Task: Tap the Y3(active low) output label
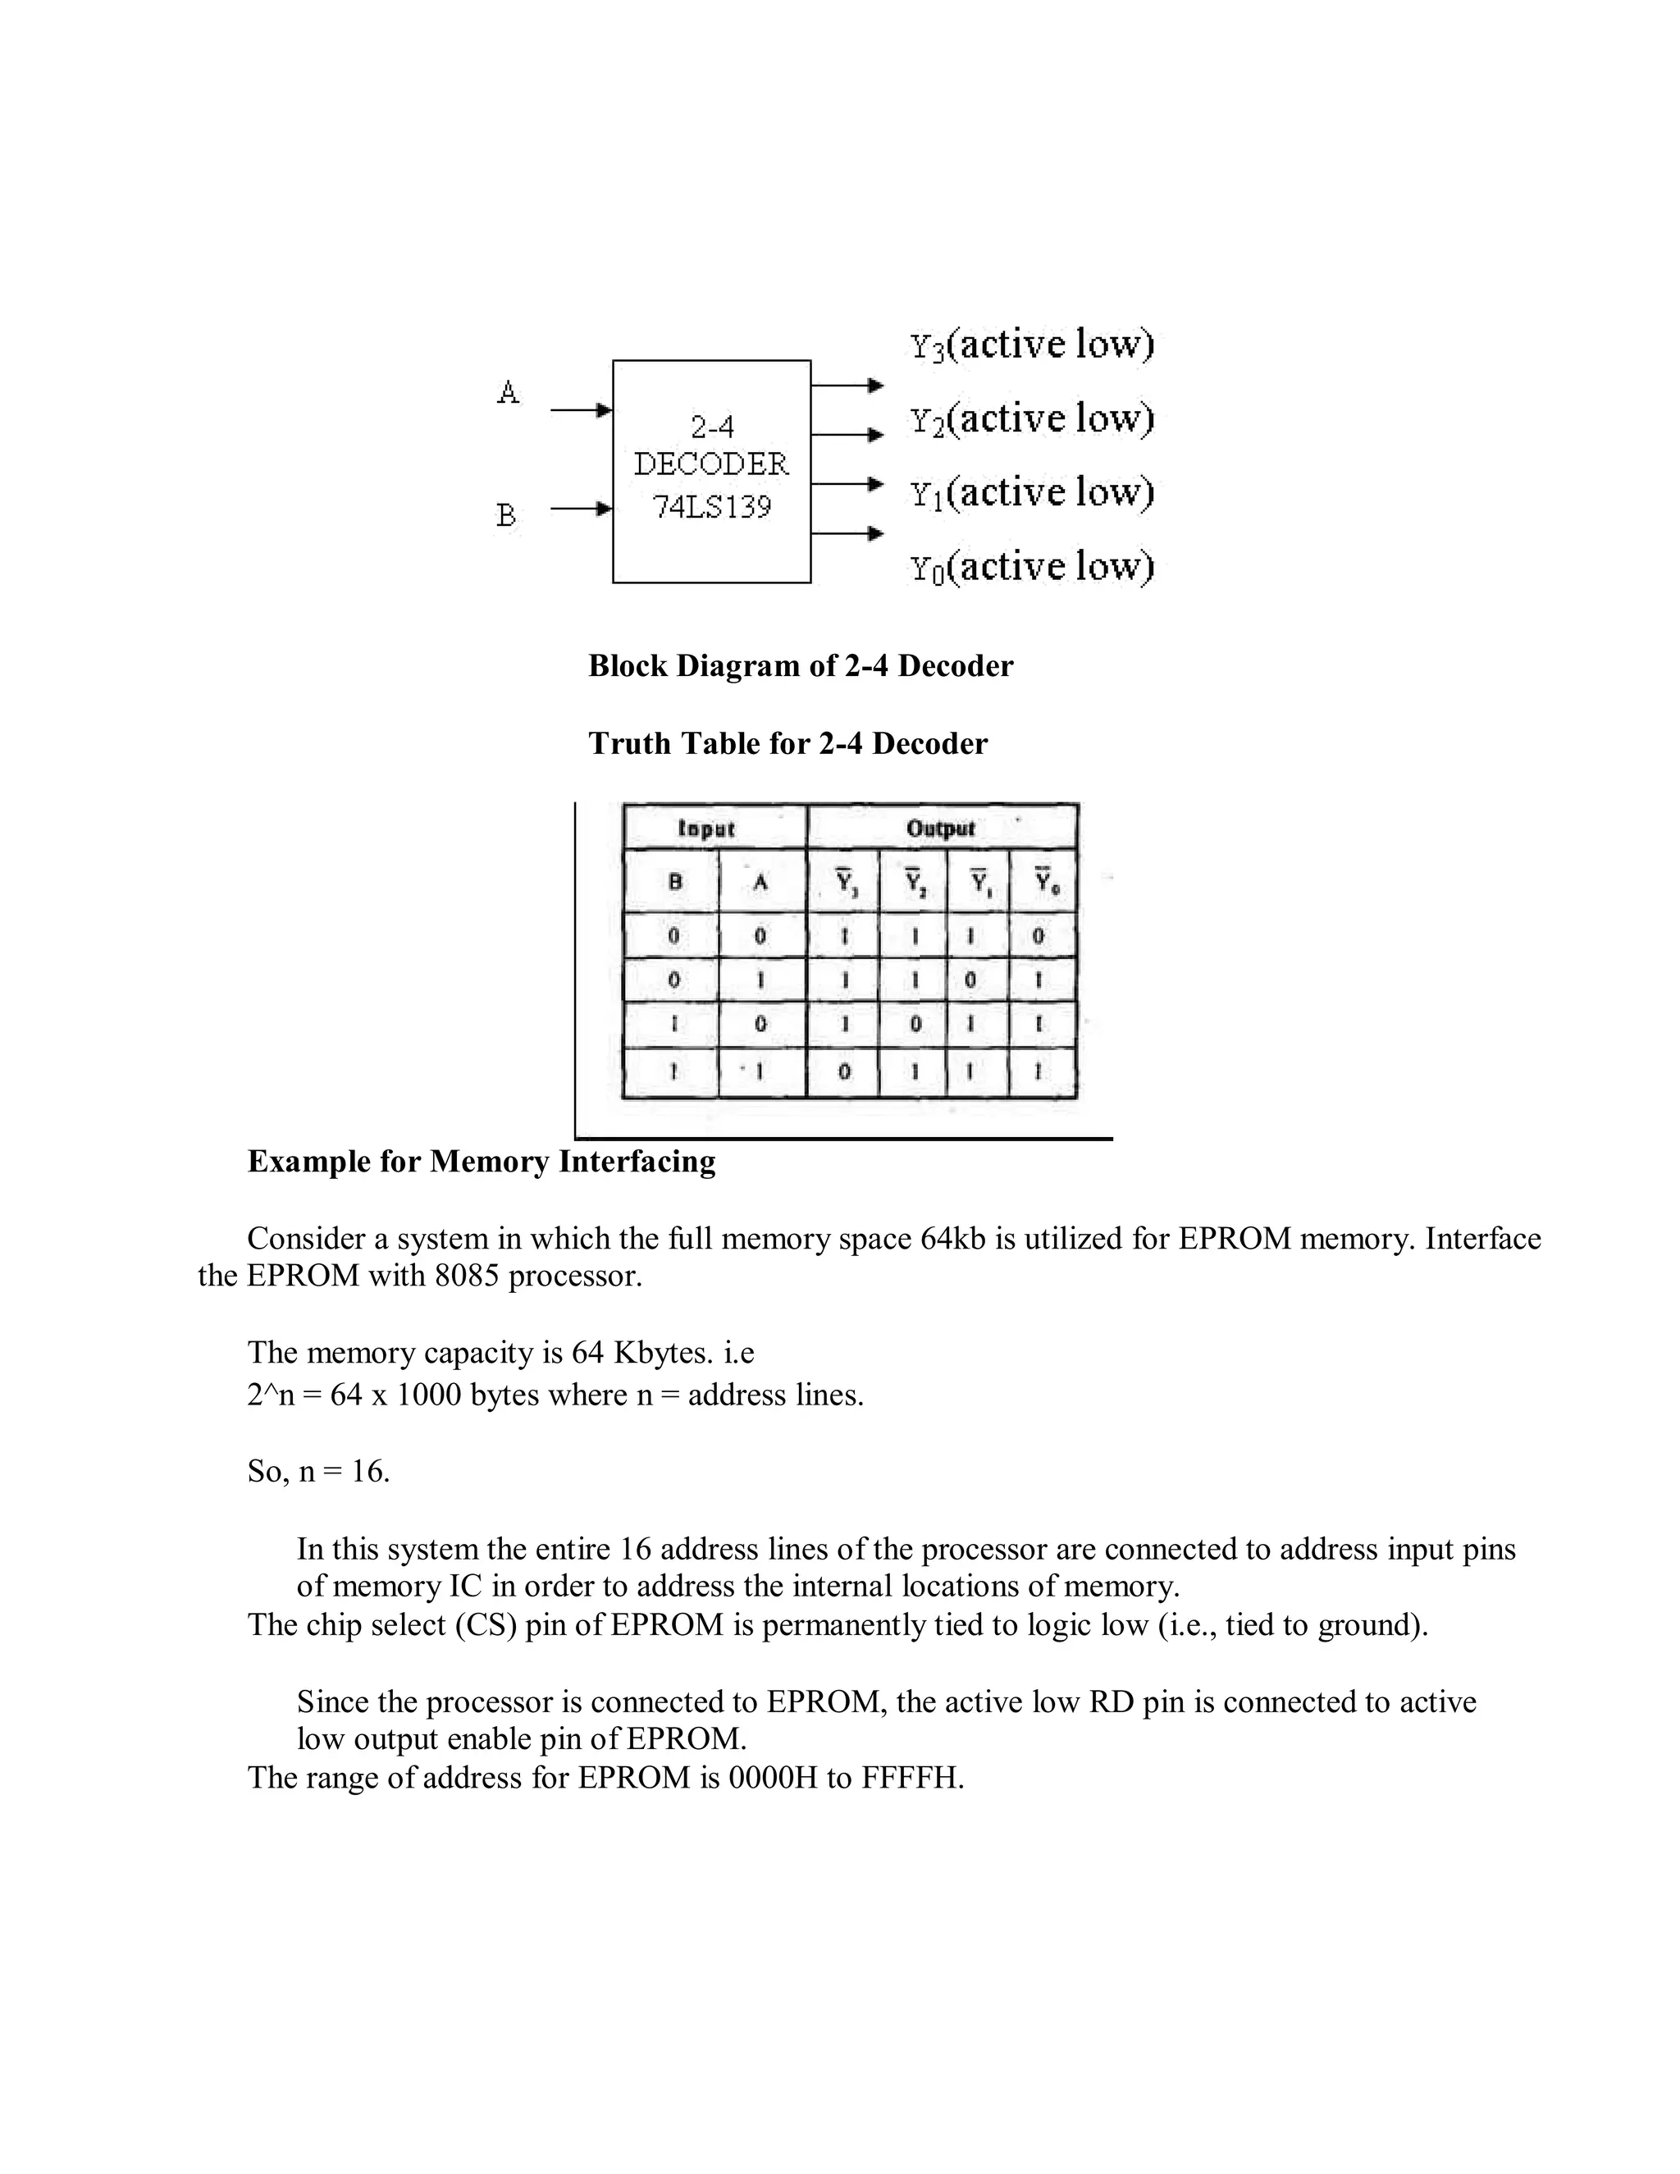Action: click(x=1031, y=345)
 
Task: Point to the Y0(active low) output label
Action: click(x=1031, y=568)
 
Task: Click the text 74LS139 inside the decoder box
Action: click(x=711, y=508)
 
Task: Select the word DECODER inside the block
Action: click(x=711, y=464)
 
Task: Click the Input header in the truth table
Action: click(x=705, y=829)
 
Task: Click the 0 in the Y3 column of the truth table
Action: click(x=844, y=1073)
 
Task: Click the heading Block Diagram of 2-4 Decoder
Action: click(x=800, y=666)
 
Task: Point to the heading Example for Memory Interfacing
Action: click(x=482, y=1162)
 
